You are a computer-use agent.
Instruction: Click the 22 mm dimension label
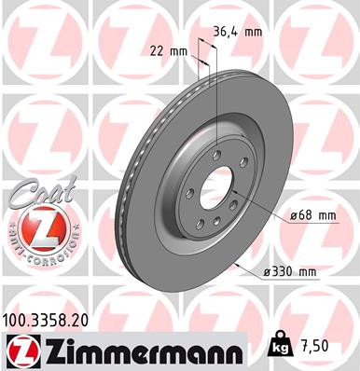[x=171, y=52]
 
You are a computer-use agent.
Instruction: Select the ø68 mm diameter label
[x=312, y=215]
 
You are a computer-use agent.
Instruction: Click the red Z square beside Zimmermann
[x=18, y=351]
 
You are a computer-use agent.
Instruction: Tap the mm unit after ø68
[x=325, y=215]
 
